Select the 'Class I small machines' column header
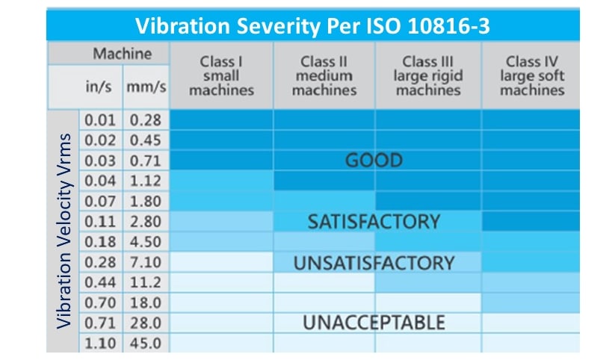pos(221,75)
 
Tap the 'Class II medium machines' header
pos(324,75)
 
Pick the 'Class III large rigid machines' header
pos(428,75)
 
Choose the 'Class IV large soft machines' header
pos(532,75)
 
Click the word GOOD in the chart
pos(373,161)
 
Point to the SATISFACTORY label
pos(374,222)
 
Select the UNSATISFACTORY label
pos(374,263)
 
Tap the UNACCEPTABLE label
pos(374,323)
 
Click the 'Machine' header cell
pos(122,54)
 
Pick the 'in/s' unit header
pos(100,87)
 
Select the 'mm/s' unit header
pos(146,87)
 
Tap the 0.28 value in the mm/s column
pos(146,120)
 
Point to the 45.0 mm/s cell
pos(146,344)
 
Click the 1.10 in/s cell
pos(100,344)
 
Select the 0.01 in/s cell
pos(100,120)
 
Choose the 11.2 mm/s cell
pos(146,282)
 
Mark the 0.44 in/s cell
pos(100,282)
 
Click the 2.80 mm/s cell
pos(146,222)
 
